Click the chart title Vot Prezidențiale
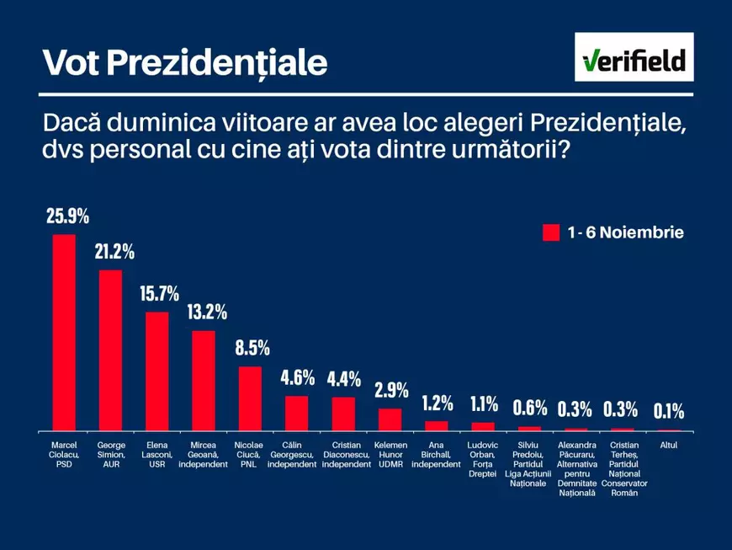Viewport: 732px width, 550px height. click(184, 61)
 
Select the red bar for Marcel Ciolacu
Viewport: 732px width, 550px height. click(64, 332)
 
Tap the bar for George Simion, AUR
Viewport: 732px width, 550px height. click(111, 350)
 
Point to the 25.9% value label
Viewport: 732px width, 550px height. click(67, 216)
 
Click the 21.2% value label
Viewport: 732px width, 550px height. click(114, 252)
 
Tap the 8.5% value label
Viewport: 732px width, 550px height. click(252, 348)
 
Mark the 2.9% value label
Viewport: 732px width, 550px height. click(391, 390)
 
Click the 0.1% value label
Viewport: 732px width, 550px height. click(669, 411)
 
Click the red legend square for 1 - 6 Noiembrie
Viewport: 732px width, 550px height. click(551, 232)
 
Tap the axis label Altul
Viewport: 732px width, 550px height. click(669, 445)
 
